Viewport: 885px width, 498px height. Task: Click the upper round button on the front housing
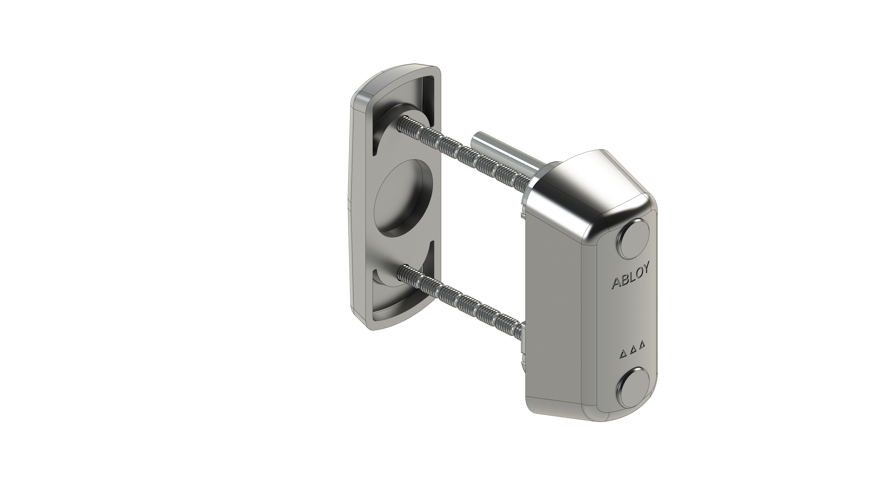coord(634,239)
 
